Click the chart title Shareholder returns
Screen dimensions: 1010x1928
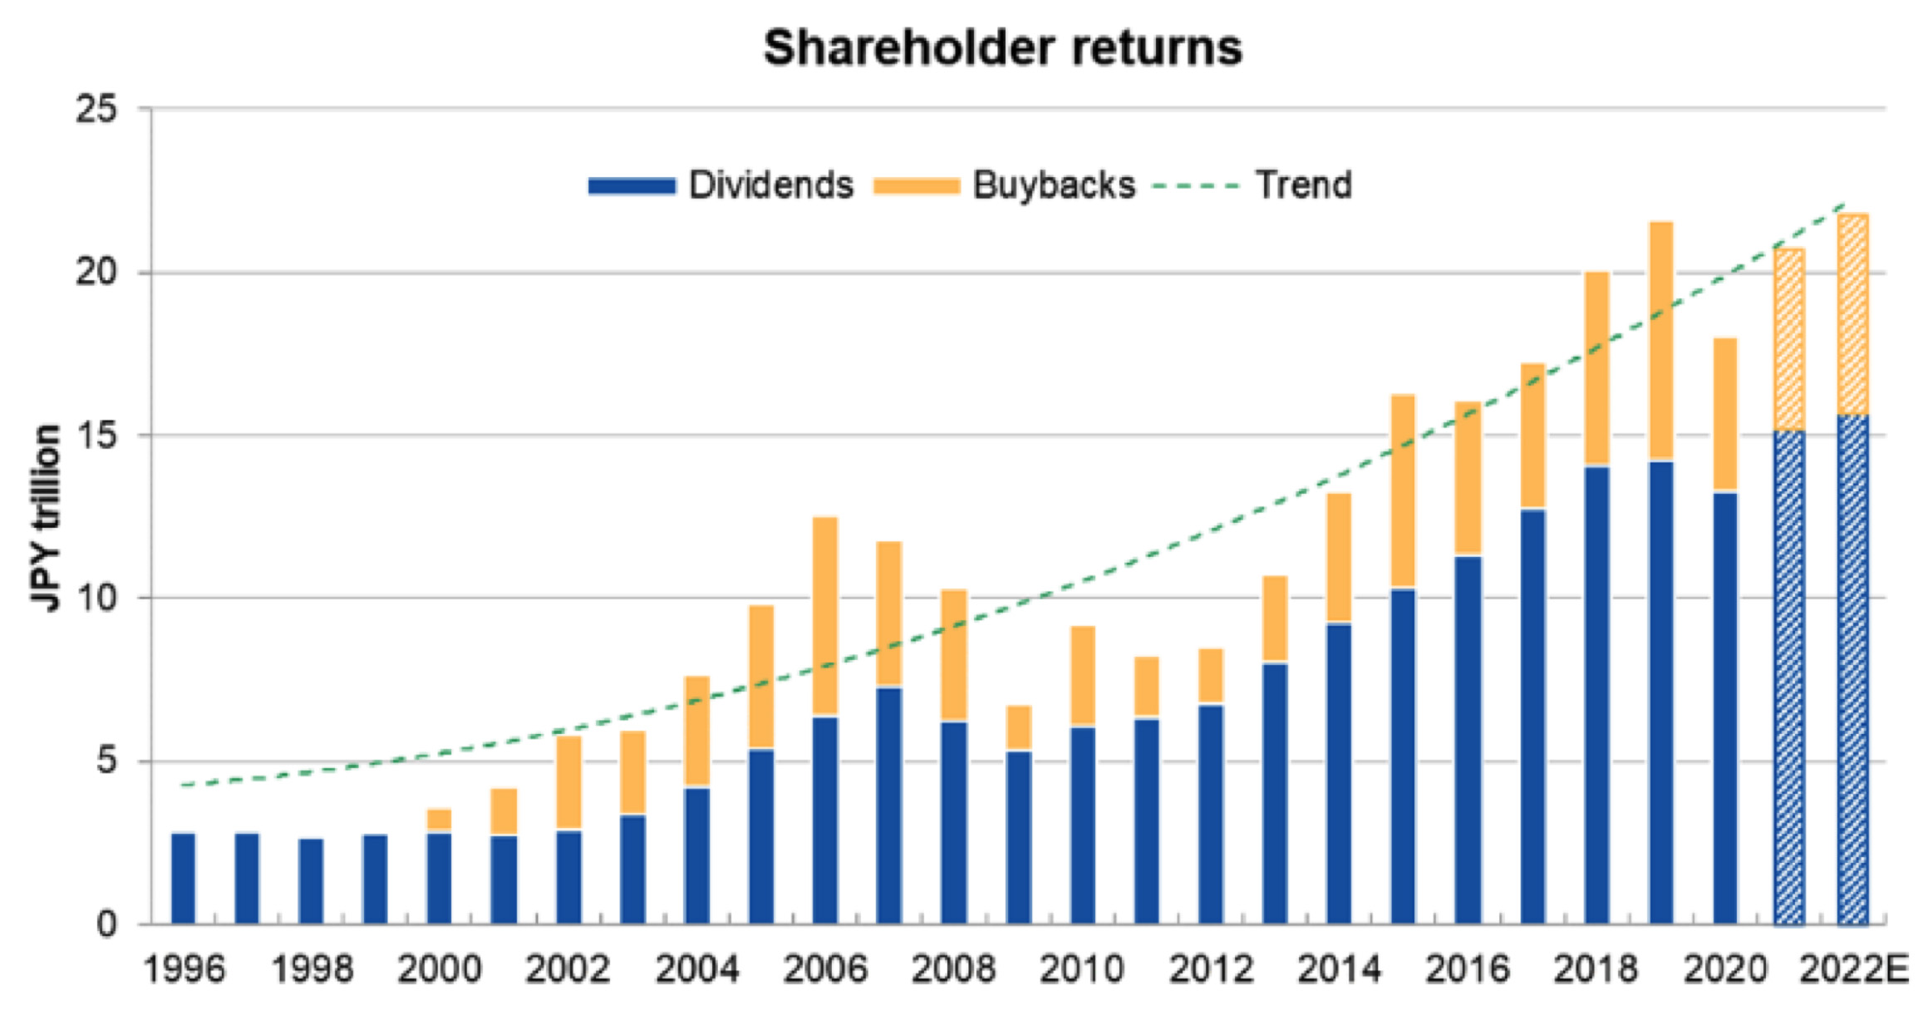(x=1002, y=47)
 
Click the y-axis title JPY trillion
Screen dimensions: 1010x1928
(x=47, y=517)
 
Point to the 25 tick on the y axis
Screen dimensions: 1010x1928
(x=96, y=109)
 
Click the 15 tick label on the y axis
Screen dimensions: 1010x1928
(x=96, y=436)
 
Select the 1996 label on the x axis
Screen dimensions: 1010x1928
(x=184, y=969)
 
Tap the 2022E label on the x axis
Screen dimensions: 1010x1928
(x=1853, y=969)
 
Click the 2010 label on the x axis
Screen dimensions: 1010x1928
(x=1082, y=969)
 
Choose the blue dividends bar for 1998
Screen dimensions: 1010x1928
(x=312, y=881)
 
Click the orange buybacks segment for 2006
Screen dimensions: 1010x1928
(x=825, y=615)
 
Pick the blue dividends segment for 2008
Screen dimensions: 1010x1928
(x=954, y=823)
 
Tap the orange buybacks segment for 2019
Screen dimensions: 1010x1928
(x=1660, y=341)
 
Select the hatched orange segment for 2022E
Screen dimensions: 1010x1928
(x=1853, y=314)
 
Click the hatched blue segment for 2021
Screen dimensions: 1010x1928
(x=1789, y=677)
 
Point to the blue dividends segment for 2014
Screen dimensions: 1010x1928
(x=1339, y=773)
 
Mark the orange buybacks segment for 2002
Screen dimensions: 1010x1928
(x=569, y=781)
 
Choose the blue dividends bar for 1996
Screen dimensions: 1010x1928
(x=184, y=878)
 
